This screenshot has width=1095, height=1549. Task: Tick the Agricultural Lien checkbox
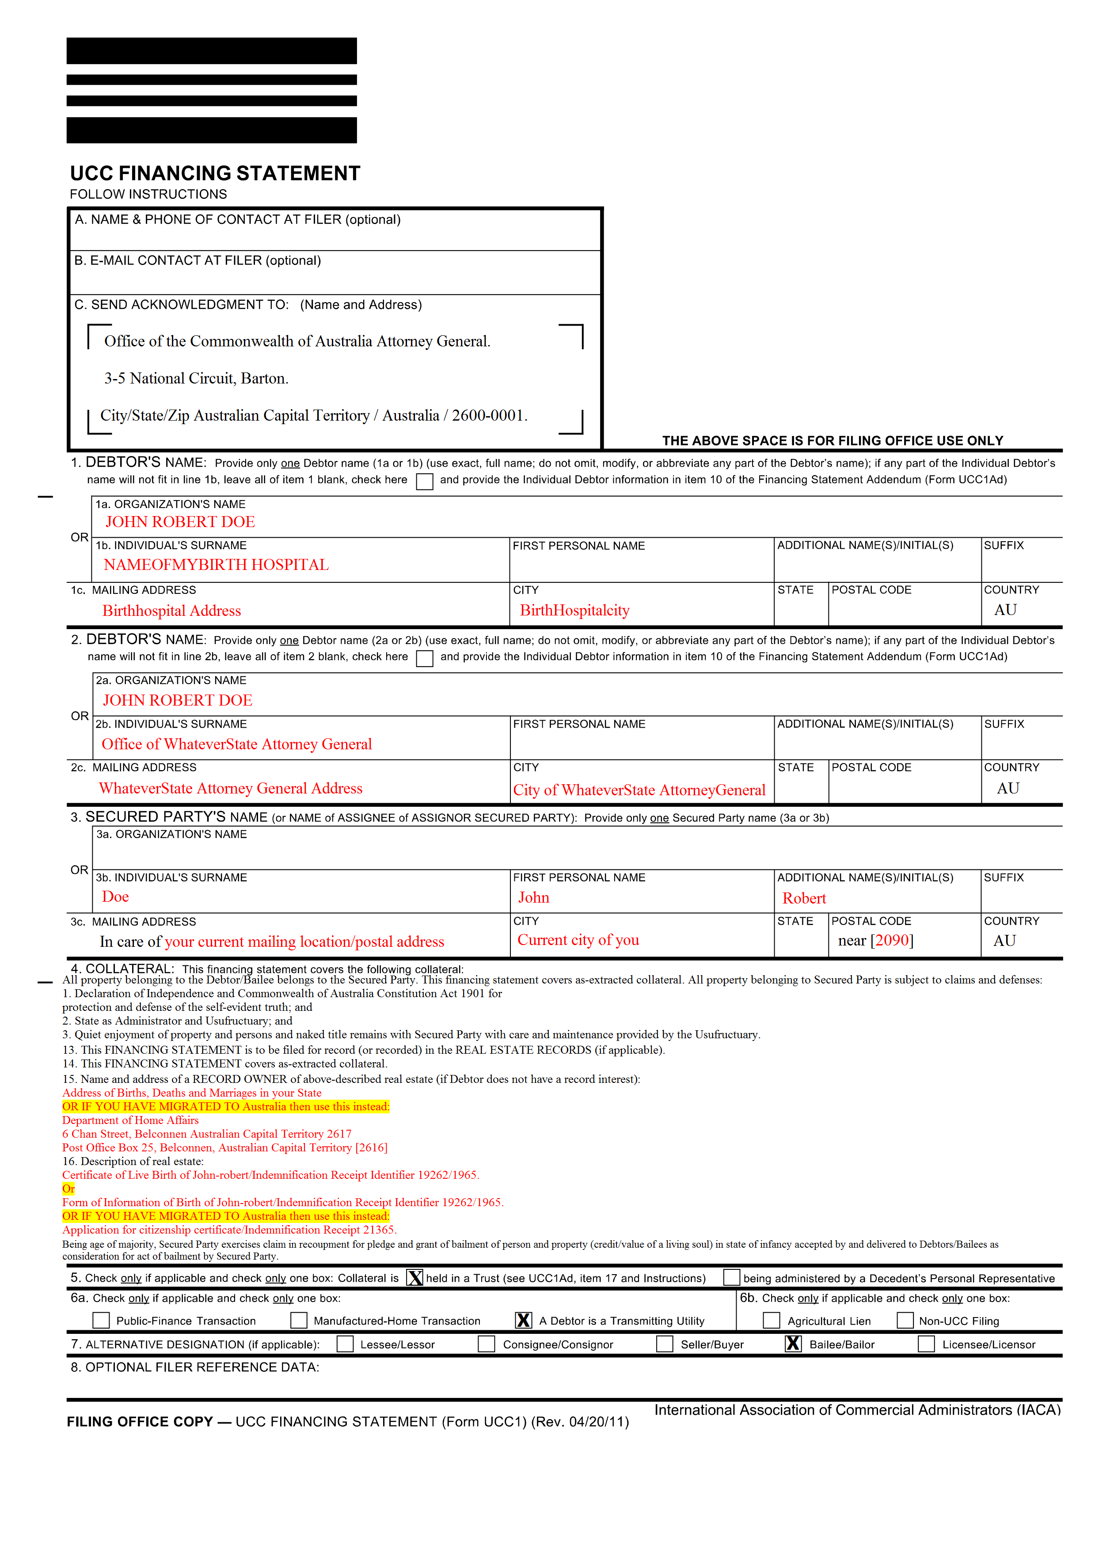click(771, 1320)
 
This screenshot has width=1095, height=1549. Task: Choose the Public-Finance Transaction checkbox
click(101, 1320)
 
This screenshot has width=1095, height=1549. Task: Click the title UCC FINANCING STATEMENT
click(215, 173)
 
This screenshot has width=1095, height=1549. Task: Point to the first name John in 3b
click(534, 897)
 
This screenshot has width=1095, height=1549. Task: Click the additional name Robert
click(803, 898)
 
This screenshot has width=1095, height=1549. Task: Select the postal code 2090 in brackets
click(891, 940)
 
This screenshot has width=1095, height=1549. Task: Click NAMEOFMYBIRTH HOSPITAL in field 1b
click(216, 565)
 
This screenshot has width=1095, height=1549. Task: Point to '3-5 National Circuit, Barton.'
click(196, 379)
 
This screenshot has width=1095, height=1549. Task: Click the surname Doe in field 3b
click(115, 896)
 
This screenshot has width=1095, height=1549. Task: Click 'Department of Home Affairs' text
click(130, 1120)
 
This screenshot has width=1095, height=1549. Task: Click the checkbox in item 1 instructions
click(424, 481)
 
